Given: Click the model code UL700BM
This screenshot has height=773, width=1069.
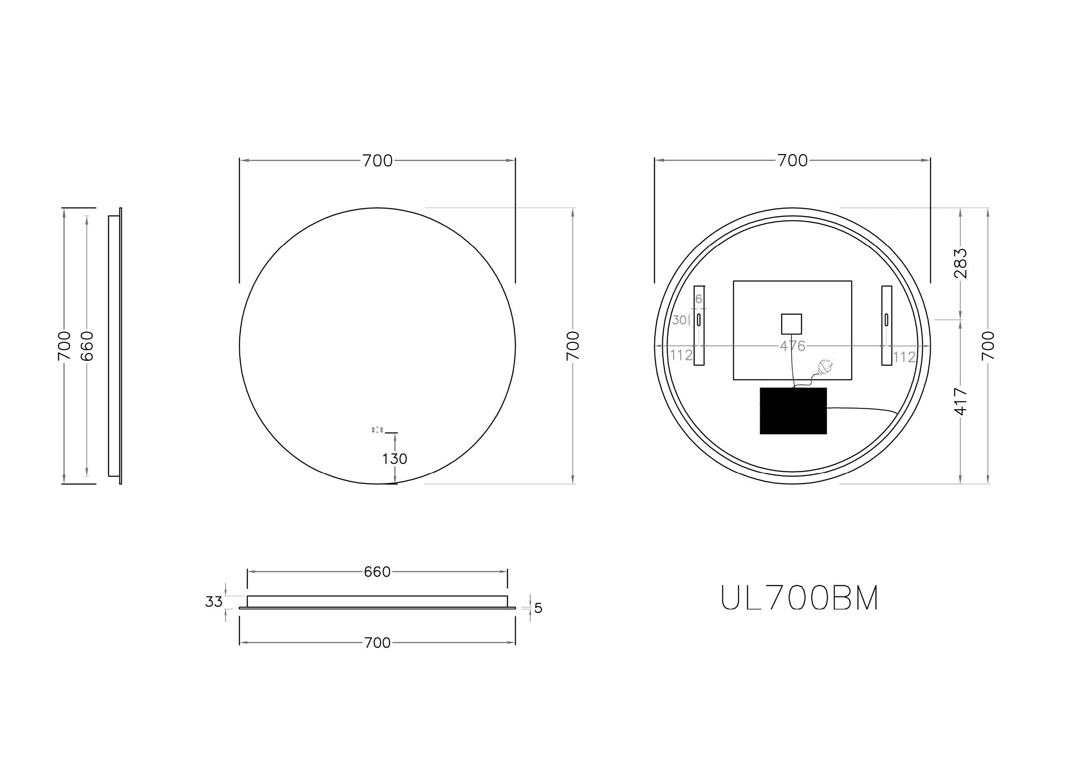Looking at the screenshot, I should click(800, 599).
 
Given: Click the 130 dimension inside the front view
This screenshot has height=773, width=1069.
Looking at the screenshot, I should click(395, 458).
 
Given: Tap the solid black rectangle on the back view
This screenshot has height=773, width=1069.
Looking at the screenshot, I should click(793, 411).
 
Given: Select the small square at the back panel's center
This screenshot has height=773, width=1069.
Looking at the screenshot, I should click(791, 324).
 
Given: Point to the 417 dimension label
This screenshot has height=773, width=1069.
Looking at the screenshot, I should click(961, 401).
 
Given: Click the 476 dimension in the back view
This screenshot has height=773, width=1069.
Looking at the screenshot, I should click(792, 346).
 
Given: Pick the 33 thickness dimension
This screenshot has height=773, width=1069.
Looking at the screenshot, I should click(213, 602).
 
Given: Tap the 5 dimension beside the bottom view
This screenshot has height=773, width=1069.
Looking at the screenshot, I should click(538, 609).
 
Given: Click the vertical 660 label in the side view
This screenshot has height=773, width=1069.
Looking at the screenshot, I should click(87, 346).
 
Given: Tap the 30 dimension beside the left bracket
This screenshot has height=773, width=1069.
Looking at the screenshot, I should click(679, 320).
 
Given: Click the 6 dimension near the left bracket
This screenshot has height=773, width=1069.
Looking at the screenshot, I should click(699, 299).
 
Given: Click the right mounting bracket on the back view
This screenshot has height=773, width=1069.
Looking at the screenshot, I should click(887, 325).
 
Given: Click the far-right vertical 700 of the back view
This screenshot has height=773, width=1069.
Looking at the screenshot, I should click(988, 346).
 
